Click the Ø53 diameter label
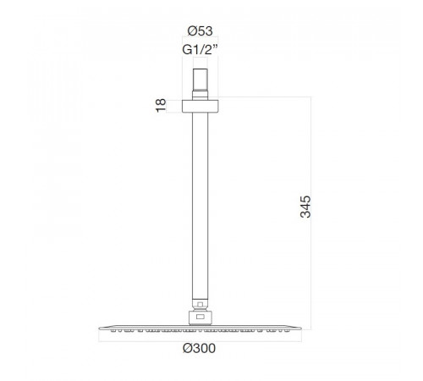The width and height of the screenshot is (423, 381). [200, 31]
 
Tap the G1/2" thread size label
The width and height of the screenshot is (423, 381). [200, 50]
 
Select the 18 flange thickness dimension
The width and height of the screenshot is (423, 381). [161, 106]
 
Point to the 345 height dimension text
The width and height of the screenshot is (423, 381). [305, 207]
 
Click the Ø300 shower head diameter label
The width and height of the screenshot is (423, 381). [199, 348]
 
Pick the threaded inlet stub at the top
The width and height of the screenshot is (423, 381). [201, 80]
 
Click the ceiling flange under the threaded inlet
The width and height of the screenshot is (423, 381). [201, 107]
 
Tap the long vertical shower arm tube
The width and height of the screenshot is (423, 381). [201, 206]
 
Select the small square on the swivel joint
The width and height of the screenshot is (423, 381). [200, 305]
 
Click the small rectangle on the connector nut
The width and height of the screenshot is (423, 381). [200, 317]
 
